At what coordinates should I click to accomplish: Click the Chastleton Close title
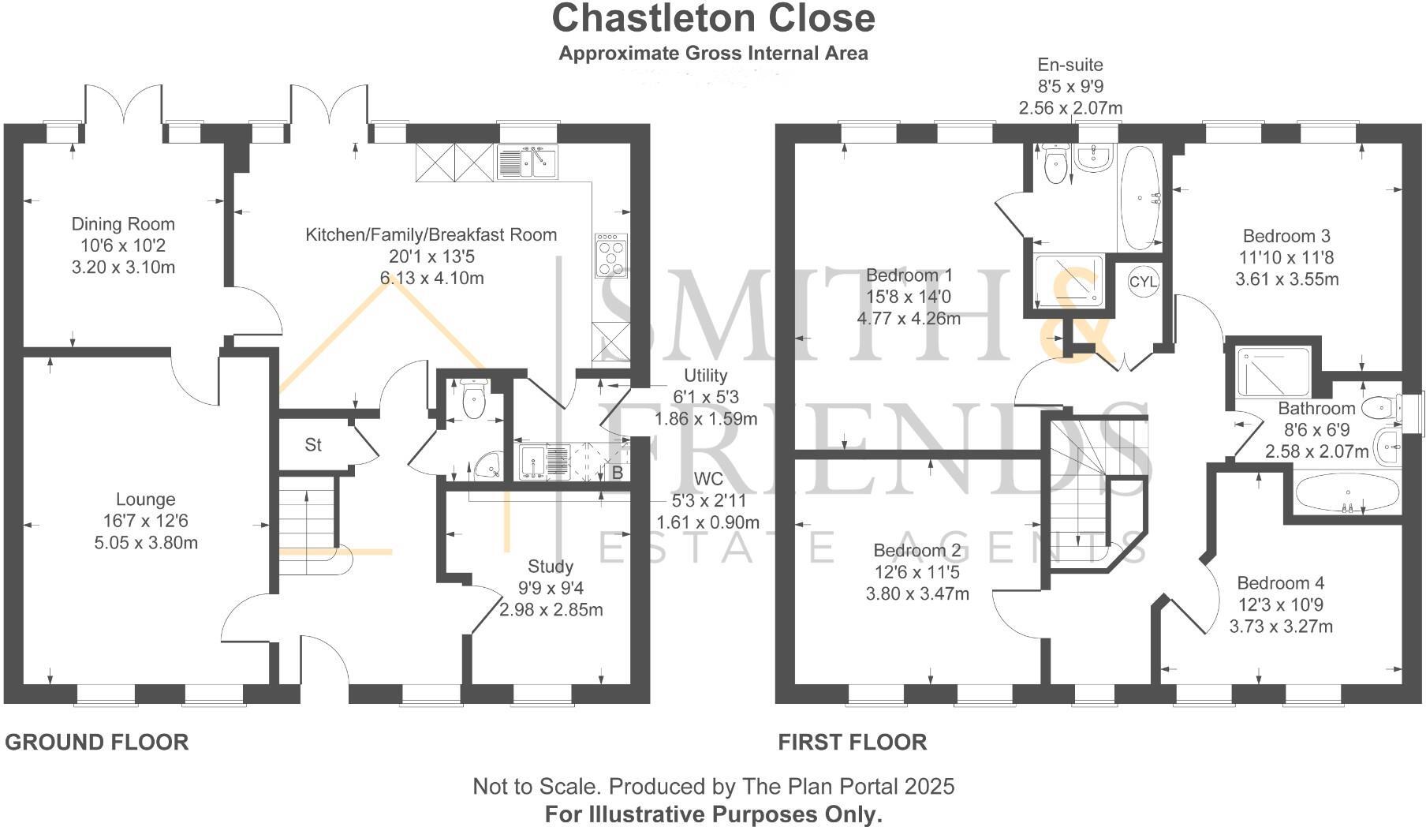(713, 19)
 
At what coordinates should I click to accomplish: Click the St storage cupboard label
(313, 445)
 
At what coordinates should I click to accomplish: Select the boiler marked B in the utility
(618, 473)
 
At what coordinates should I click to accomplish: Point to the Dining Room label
(123, 224)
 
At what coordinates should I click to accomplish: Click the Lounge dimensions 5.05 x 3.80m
(146, 542)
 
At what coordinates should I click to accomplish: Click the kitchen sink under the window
(527, 163)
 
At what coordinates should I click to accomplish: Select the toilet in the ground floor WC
(473, 400)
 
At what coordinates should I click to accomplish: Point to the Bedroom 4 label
(1280, 583)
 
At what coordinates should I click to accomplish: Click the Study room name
(551, 567)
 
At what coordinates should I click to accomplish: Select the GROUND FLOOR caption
(97, 743)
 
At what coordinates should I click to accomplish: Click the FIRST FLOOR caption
(852, 743)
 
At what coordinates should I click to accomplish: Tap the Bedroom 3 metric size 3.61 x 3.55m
(1286, 279)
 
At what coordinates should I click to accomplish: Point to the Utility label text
(705, 376)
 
